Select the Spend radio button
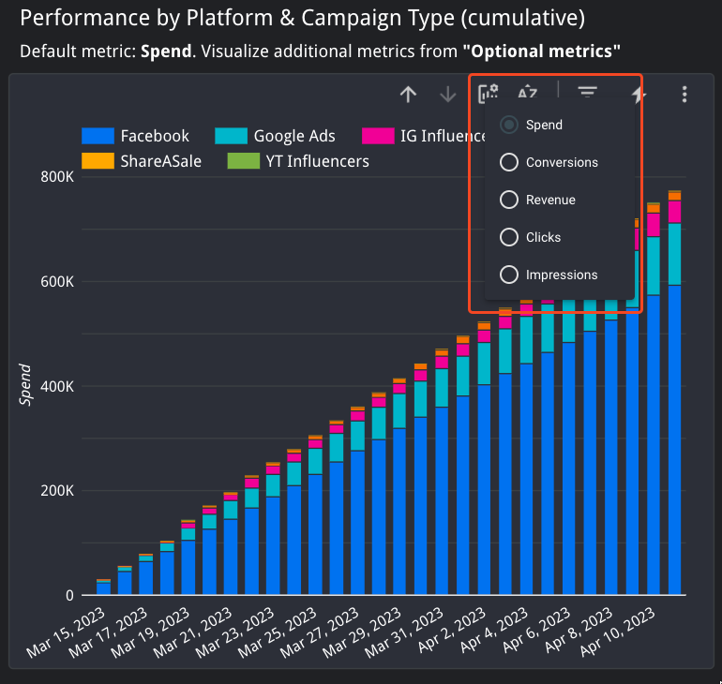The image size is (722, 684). click(509, 125)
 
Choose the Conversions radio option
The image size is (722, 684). click(509, 162)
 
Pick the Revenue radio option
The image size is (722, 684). click(509, 200)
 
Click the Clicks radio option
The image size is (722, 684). click(509, 237)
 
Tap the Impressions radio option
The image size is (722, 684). click(509, 275)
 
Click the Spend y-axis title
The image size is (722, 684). click(26, 385)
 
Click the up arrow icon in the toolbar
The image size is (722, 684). click(408, 94)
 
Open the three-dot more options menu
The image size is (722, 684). click(685, 94)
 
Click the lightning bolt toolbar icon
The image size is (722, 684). click(639, 94)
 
